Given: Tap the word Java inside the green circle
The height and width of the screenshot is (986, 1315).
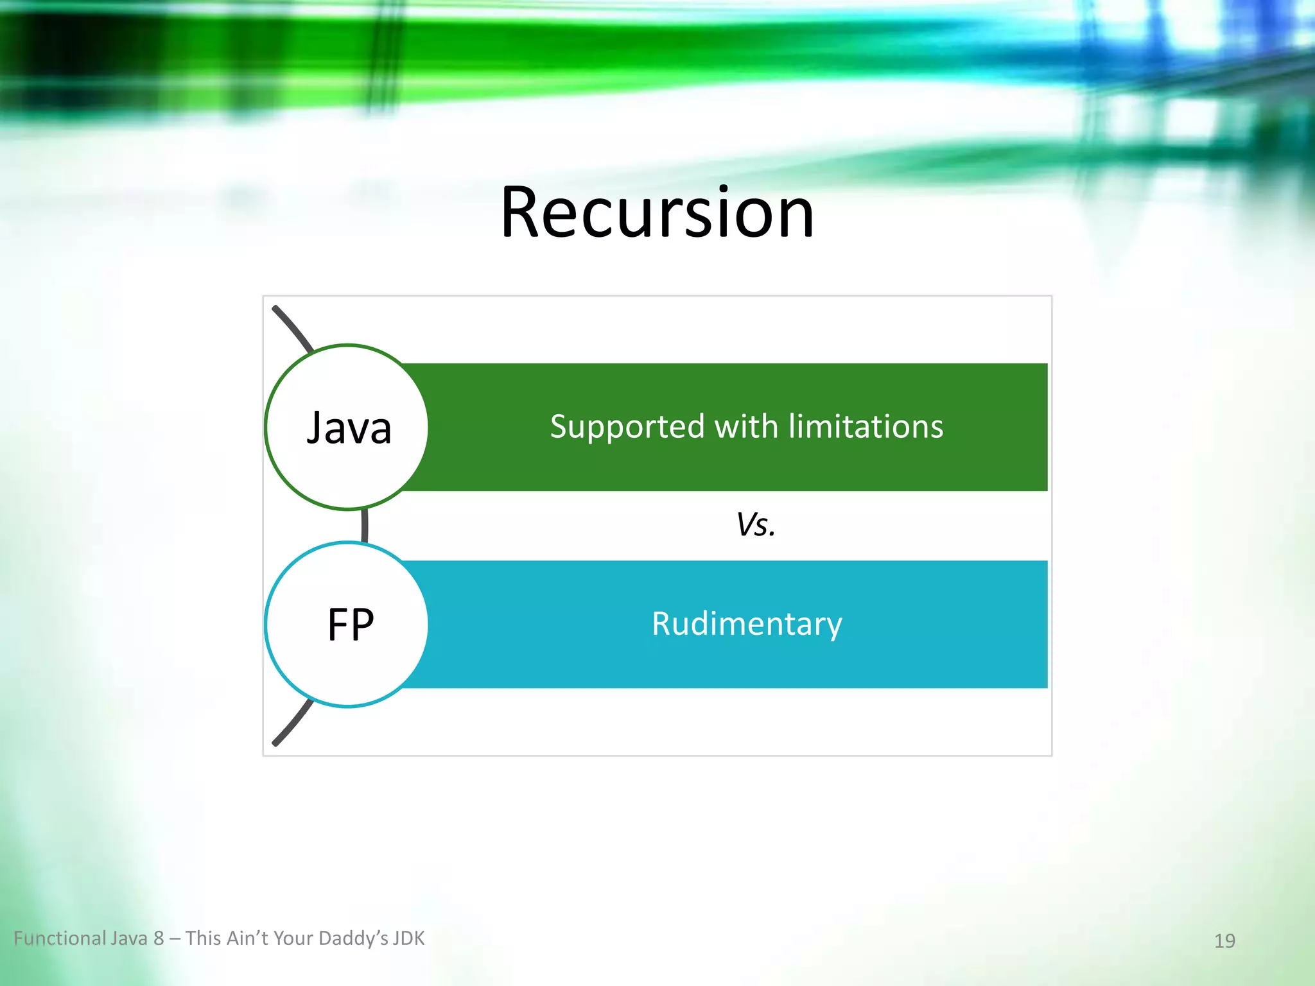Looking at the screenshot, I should click(x=349, y=428).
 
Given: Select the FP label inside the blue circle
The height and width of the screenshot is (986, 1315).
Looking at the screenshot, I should click(x=350, y=625).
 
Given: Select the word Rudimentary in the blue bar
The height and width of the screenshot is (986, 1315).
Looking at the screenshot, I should click(x=747, y=624).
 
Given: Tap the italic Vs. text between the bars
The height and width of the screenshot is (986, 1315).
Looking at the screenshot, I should click(x=756, y=524).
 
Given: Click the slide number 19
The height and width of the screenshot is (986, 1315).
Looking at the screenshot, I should click(x=1224, y=940).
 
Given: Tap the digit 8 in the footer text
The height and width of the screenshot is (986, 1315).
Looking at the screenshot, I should click(x=159, y=938).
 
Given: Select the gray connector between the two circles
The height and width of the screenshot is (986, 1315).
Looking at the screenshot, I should click(x=365, y=525).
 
